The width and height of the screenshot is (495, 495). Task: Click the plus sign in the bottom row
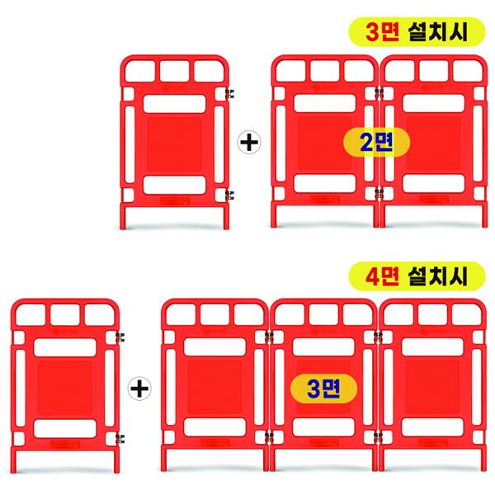[140, 385]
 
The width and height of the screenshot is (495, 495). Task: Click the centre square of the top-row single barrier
[175, 141]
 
